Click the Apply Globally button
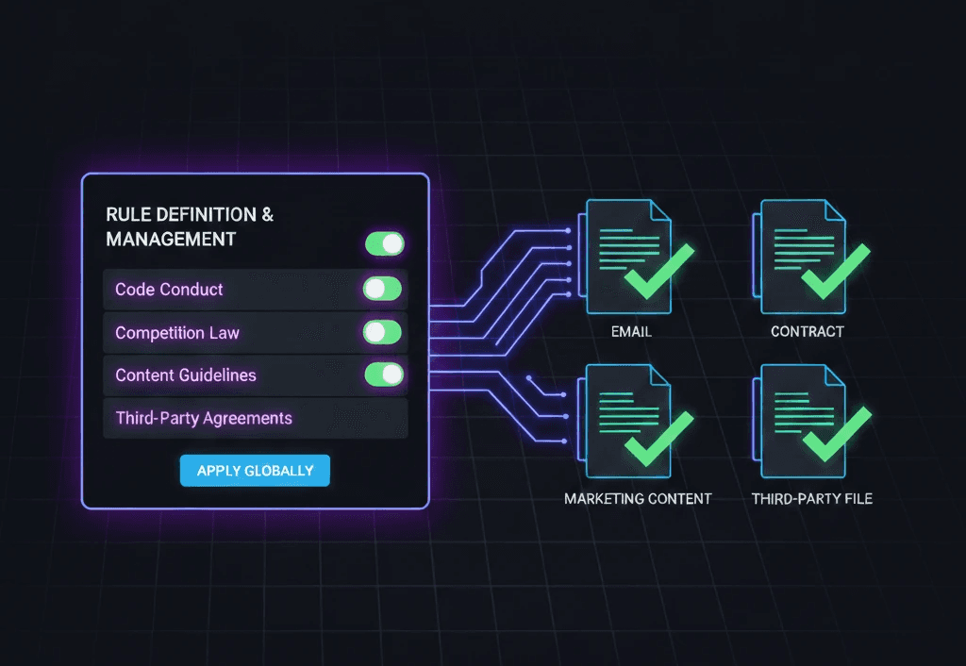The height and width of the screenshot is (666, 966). click(255, 470)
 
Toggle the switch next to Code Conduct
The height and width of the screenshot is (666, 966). click(383, 289)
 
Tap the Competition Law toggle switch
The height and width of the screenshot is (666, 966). click(383, 332)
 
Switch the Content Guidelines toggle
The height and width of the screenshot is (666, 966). click(384, 375)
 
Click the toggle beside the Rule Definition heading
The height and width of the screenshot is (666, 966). click(385, 244)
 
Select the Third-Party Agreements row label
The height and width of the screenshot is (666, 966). click(204, 418)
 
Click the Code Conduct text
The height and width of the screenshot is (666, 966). click(169, 289)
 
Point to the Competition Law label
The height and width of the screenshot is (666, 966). click(177, 332)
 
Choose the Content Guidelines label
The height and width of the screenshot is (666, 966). click(186, 375)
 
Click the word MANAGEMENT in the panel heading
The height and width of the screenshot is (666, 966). click(171, 239)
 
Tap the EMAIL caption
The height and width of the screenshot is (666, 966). click(632, 332)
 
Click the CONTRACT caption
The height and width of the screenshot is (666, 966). click(808, 332)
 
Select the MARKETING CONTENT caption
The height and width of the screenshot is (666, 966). click(638, 498)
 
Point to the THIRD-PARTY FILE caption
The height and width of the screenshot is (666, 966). click(812, 498)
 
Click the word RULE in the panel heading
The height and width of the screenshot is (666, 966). click(128, 215)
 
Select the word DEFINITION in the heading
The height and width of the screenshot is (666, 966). click(205, 215)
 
